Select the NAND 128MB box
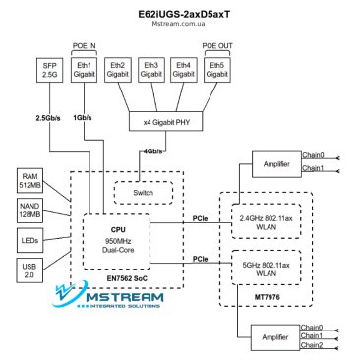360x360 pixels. pos(28,210)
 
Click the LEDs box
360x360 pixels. pos(28,239)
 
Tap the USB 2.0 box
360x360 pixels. pos(28,269)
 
